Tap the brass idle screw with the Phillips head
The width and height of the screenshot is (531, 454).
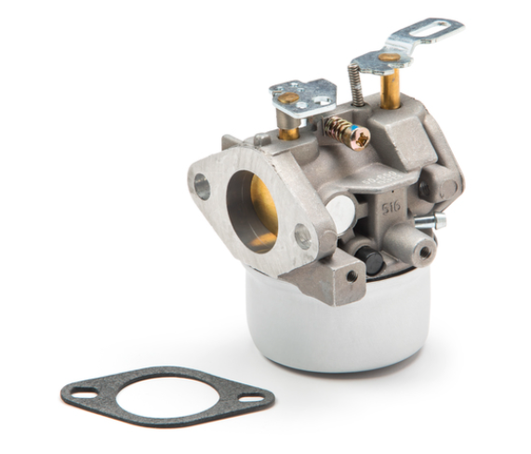coord(350,134)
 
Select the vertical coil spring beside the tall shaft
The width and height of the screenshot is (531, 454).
coord(355,88)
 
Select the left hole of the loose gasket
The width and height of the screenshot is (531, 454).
coord(87,394)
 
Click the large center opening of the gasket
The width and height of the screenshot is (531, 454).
coord(167,396)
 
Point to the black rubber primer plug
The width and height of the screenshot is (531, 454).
coord(373,263)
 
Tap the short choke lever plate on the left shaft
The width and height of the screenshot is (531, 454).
coord(301,94)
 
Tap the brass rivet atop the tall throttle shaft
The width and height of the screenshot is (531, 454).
coord(389,57)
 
